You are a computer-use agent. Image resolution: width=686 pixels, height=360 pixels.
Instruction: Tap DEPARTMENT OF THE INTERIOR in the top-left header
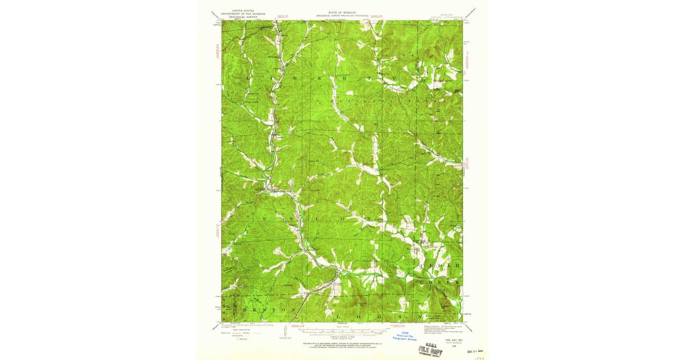241,13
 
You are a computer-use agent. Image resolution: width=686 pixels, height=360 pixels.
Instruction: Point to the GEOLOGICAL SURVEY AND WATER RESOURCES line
342,15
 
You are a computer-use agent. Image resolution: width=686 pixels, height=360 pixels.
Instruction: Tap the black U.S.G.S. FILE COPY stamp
429,350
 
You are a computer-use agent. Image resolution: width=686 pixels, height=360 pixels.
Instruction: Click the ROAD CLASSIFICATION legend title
232,331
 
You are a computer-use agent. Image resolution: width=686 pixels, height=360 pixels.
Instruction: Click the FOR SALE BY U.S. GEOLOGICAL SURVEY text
342,343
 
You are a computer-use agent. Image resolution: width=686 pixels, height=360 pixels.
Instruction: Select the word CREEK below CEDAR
440,282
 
